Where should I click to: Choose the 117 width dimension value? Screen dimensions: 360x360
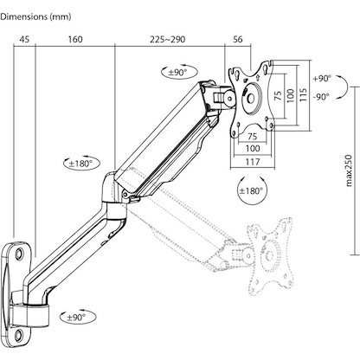(253, 161)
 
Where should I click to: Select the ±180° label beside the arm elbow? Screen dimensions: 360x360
(84, 162)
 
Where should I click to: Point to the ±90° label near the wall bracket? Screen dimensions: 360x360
(77, 318)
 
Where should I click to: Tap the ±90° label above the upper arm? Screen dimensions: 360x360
(179, 72)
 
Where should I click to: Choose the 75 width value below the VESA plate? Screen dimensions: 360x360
(252, 136)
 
